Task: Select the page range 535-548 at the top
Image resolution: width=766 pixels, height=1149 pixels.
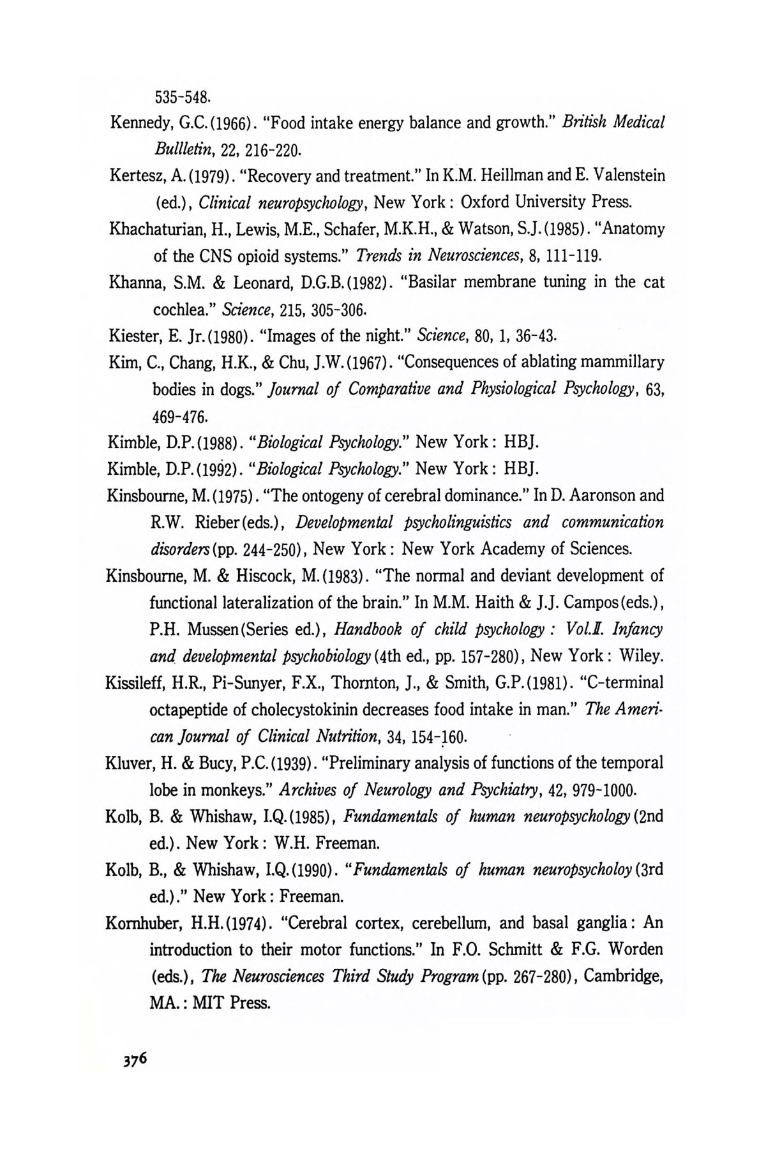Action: [x=181, y=97]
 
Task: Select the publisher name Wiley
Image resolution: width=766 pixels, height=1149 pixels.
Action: [x=643, y=656]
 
